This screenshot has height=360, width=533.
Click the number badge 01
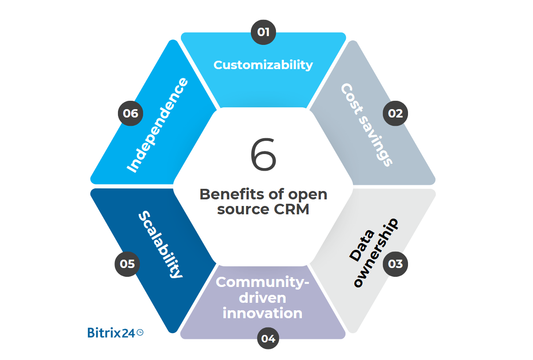(x=263, y=32)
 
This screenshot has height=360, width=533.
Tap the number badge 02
(x=395, y=114)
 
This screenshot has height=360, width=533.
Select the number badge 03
(x=395, y=264)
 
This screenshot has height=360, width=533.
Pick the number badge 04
(x=268, y=338)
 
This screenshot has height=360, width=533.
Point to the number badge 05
(x=127, y=264)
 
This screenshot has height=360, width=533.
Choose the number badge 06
(x=130, y=114)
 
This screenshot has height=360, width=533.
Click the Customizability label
(x=263, y=65)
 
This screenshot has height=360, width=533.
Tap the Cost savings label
(x=366, y=125)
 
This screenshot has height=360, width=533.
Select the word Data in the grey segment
(x=357, y=245)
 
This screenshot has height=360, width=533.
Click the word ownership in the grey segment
(x=377, y=253)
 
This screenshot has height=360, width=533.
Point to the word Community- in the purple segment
(x=263, y=282)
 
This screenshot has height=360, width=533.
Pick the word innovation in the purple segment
(x=262, y=313)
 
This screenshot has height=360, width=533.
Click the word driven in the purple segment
(x=262, y=298)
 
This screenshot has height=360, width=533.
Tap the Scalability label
(x=160, y=245)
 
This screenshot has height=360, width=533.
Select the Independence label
(x=157, y=125)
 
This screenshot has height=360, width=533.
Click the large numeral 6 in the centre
(x=263, y=155)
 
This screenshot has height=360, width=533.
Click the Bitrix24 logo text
(x=111, y=333)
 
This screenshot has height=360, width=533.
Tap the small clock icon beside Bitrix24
(x=140, y=333)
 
